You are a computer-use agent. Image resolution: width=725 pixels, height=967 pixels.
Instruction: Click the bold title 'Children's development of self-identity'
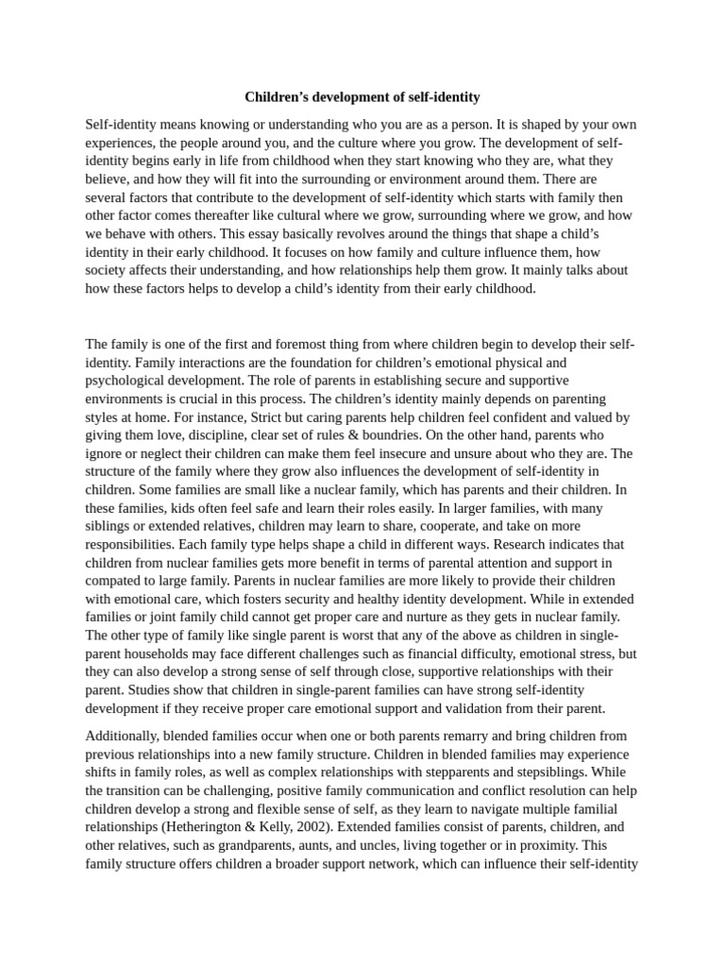pos(362,96)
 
